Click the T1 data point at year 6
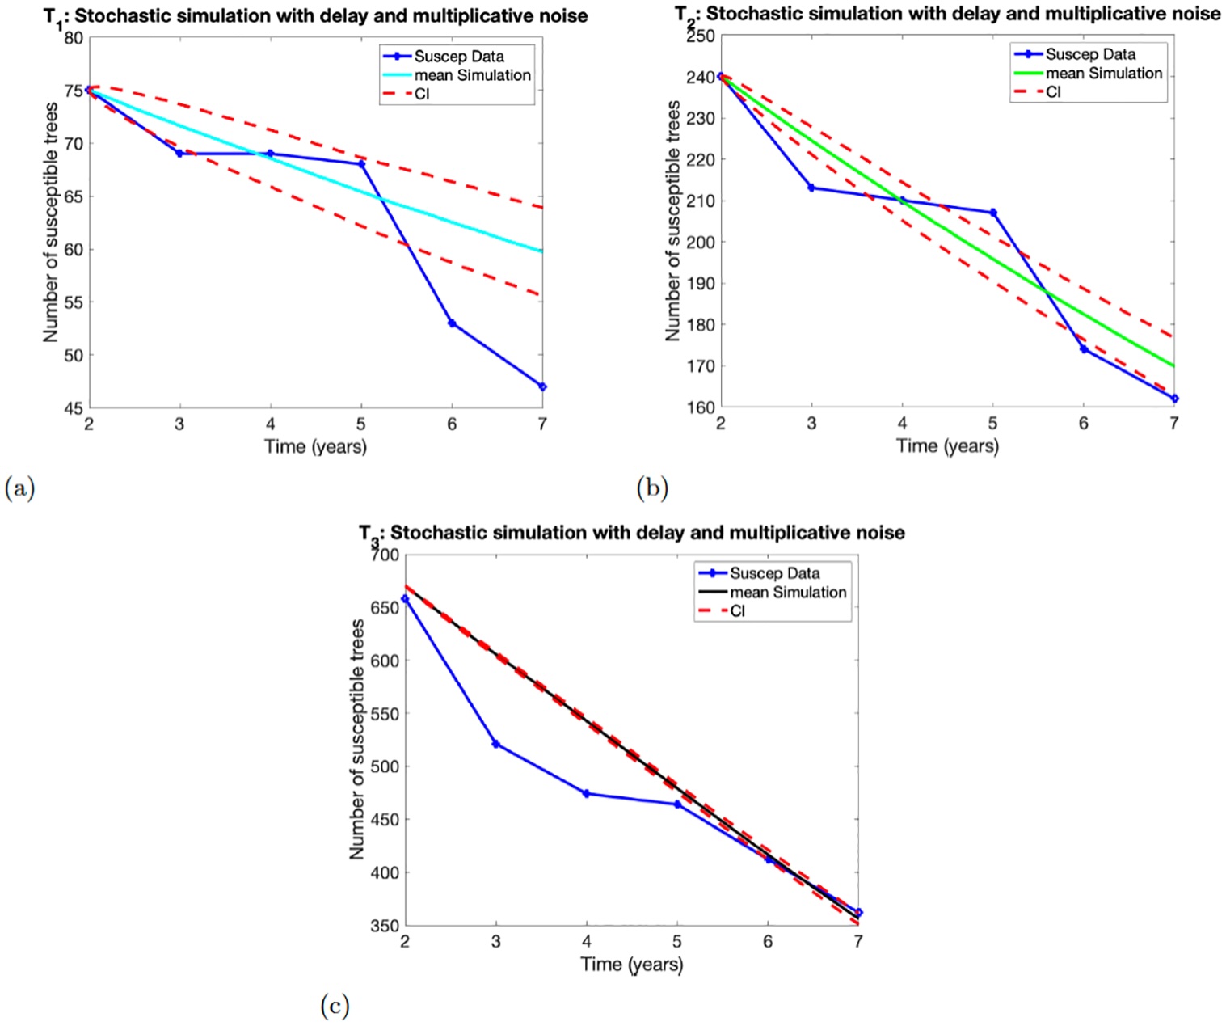(x=452, y=323)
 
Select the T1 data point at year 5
(x=361, y=164)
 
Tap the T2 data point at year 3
(x=811, y=188)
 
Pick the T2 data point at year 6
(x=1084, y=349)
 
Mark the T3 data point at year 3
(x=495, y=744)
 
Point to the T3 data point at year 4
(x=587, y=794)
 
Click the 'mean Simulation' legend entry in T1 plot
(x=472, y=75)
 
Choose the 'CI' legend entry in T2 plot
(x=1053, y=92)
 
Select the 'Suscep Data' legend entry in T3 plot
(x=774, y=573)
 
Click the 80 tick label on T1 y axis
(x=74, y=38)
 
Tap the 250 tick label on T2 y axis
(x=701, y=36)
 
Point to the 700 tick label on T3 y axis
(x=385, y=555)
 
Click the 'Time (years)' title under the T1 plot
(x=315, y=446)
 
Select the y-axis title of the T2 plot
(x=672, y=221)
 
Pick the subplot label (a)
(x=19, y=488)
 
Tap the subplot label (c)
(x=335, y=1006)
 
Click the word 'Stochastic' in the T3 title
(x=436, y=533)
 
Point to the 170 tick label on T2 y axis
(x=701, y=366)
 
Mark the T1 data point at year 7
(x=542, y=387)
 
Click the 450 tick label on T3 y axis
(x=385, y=820)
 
